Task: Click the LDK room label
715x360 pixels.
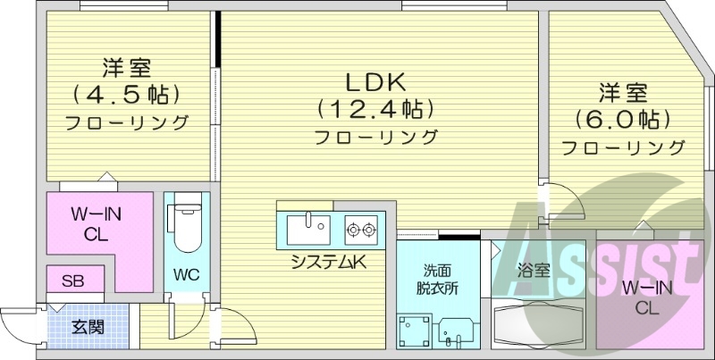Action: [x=376, y=82]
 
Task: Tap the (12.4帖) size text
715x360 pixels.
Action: [x=375, y=109]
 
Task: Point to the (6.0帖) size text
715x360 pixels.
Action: [x=623, y=118]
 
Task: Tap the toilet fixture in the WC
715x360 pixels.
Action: [x=186, y=225]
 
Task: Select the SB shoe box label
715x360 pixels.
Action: [x=72, y=280]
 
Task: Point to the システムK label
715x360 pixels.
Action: [x=327, y=261]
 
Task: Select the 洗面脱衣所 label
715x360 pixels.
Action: [x=438, y=280]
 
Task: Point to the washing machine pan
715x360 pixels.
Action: [x=413, y=331]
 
